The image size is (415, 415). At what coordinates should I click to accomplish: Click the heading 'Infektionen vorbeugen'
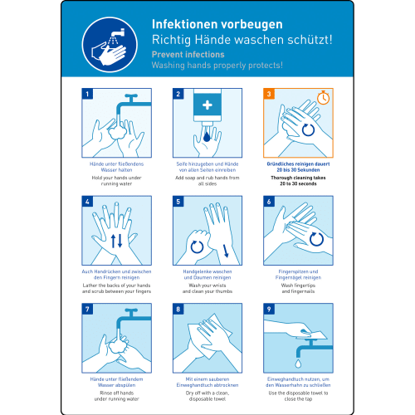click(217, 23)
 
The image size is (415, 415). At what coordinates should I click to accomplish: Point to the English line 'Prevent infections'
click(187, 54)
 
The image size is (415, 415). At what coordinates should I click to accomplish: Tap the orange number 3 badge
click(269, 94)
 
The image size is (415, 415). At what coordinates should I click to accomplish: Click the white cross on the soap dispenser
click(207, 105)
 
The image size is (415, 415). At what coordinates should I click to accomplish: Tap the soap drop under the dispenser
click(207, 135)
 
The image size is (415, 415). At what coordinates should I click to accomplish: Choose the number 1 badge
click(87, 94)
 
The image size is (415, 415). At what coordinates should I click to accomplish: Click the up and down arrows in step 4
click(117, 240)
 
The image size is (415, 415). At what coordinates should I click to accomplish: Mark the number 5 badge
click(178, 201)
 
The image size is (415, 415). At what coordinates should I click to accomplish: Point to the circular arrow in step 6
click(315, 240)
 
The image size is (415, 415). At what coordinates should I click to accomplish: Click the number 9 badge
click(269, 309)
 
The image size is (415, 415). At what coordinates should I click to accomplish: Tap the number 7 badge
click(87, 309)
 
